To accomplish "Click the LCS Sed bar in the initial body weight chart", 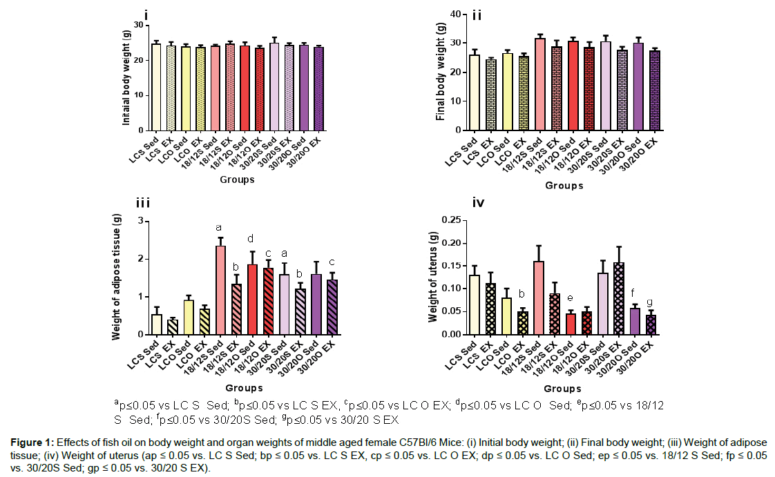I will point(156,87).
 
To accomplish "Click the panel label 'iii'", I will point(143,204).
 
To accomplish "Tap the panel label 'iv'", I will point(478,204).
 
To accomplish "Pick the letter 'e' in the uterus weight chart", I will point(571,299).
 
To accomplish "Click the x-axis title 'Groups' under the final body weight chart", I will point(564,185).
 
